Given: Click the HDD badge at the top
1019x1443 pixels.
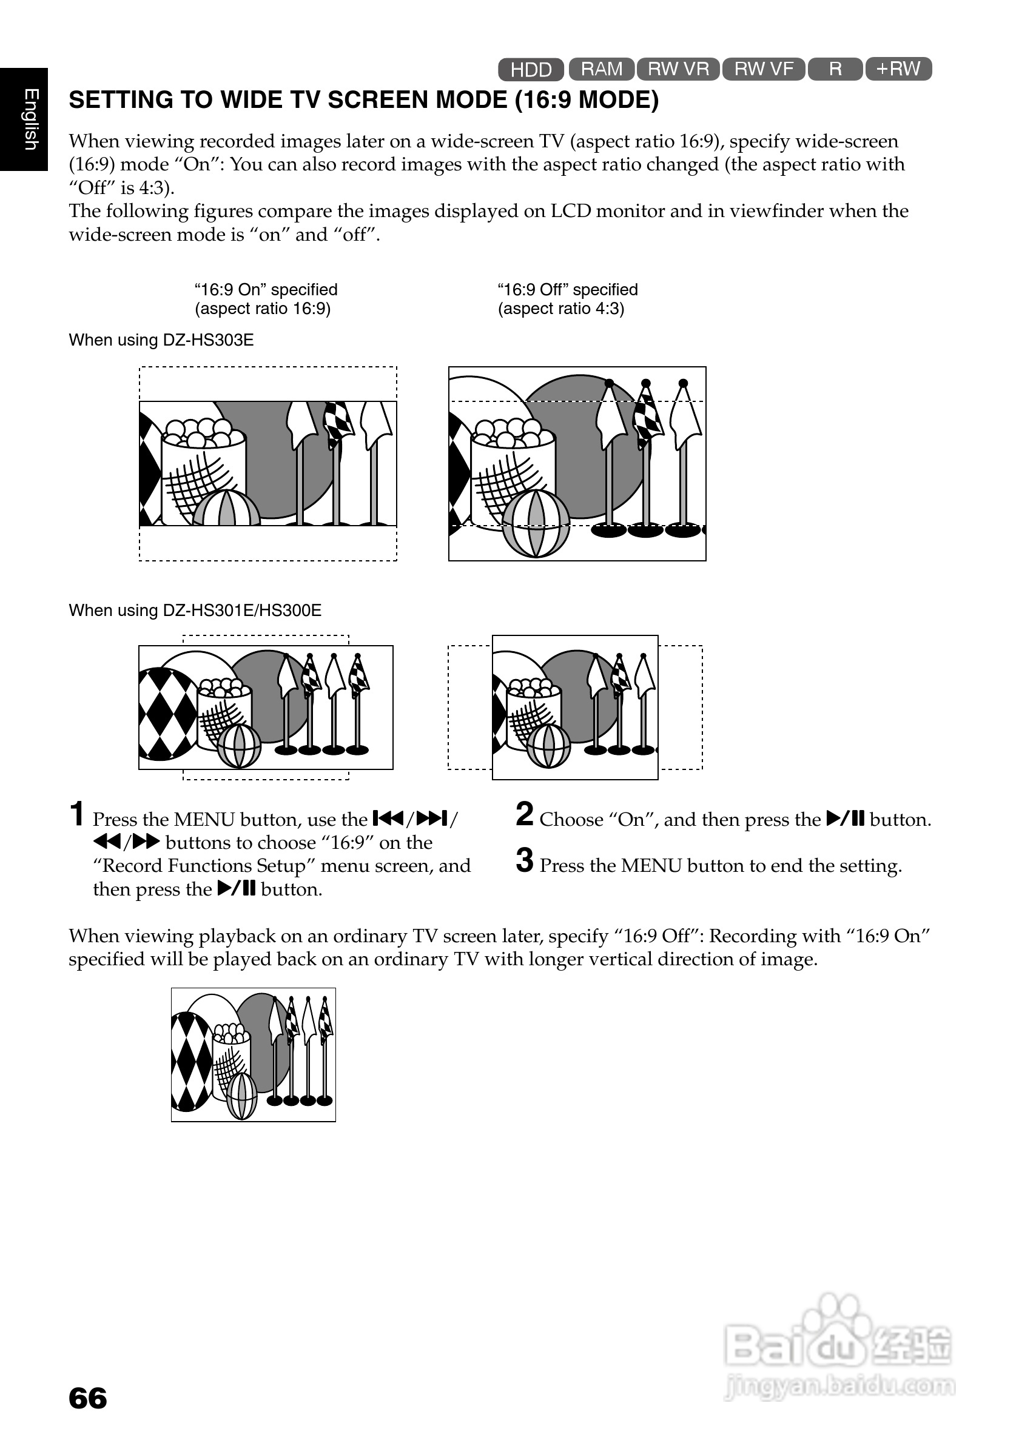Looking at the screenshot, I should point(531,69).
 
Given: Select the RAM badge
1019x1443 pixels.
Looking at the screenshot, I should point(602,69).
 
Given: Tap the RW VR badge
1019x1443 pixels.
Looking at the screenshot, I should point(678,69).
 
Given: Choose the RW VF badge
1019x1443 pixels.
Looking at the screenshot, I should point(763,69).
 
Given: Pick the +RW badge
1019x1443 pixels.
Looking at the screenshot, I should point(898,69).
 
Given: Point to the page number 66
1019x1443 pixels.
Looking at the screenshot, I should point(87,1398).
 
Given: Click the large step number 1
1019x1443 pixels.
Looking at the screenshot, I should point(76,814).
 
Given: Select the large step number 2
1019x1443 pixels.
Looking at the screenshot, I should point(524,814).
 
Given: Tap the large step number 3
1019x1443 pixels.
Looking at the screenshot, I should point(524,860).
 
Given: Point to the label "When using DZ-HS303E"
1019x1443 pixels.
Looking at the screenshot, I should point(161,340).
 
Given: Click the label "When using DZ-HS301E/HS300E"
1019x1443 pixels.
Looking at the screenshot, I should point(195,611).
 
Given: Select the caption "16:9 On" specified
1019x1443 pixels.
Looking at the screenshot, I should point(265,290).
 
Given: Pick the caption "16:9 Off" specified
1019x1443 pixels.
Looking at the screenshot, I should point(567,290).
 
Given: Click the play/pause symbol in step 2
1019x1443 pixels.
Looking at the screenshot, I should point(846,819).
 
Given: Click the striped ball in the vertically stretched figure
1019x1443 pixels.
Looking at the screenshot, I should point(242,1097).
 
